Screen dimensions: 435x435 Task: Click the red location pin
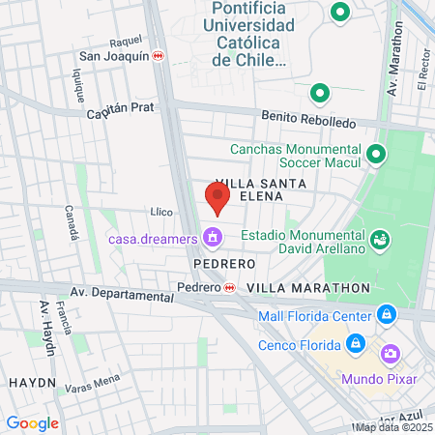tap(217, 198)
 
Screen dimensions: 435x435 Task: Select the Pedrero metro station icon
tap(229, 288)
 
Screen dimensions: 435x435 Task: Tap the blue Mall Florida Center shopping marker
tap(386, 315)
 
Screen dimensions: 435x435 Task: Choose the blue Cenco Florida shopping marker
tap(355, 344)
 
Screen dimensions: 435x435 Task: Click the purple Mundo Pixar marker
tap(390, 356)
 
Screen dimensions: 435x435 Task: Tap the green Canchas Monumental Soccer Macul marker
tap(376, 154)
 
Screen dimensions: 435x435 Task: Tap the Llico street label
tap(161, 212)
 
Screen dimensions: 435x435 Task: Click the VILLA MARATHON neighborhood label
tap(308, 288)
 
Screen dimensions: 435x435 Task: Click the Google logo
tap(32, 422)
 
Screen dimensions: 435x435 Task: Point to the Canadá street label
tap(72, 223)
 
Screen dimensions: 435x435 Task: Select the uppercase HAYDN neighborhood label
tap(32, 383)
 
